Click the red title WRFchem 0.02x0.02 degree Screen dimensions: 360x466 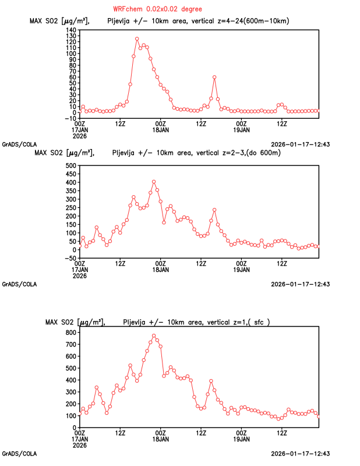point(157,9)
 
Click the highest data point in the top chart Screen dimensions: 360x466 point(137,39)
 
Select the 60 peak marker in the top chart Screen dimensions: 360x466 point(214,77)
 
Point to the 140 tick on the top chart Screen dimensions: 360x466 point(71,30)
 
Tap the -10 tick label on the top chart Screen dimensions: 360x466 point(70,119)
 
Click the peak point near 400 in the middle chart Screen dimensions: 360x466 point(154,182)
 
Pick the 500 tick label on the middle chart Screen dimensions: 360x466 point(71,165)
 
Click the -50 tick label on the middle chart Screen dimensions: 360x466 point(70,258)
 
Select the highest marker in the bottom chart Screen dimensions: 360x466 point(154,336)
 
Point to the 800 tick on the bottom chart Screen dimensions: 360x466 point(71,333)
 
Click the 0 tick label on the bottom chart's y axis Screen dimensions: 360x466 point(75,428)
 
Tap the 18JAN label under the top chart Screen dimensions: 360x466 point(161,130)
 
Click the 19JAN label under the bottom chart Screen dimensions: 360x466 point(241,439)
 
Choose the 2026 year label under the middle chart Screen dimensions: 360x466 point(80,276)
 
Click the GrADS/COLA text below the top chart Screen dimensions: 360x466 point(19,144)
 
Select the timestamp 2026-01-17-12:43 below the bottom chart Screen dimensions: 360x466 point(300,454)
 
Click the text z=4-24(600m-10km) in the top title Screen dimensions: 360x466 point(253,21)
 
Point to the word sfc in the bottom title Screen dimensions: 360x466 point(259,323)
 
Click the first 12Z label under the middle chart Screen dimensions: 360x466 point(120,264)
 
